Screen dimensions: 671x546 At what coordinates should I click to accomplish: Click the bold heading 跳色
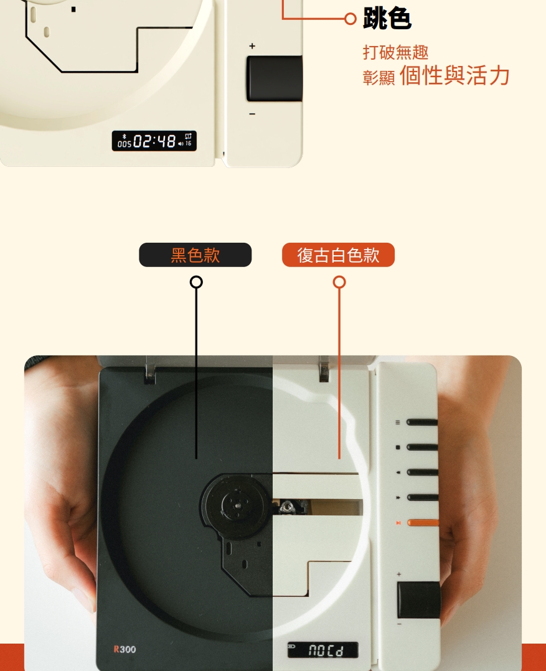pyautogui.click(x=387, y=20)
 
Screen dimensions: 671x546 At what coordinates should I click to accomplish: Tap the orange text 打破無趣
pyautogui.click(x=395, y=52)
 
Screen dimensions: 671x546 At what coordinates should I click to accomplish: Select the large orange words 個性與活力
pyautogui.click(x=454, y=76)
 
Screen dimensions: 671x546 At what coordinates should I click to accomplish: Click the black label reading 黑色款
pyautogui.click(x=195, y=255)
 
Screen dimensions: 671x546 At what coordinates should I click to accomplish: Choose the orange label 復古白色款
pyautogui.click(x=338, y=255)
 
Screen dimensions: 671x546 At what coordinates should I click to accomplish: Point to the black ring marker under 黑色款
pyautogui.click(x=196, y=283)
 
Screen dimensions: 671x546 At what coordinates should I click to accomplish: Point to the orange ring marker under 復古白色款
pyautogui.click(x=339, y=283)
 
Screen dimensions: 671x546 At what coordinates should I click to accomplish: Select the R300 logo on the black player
pyautogui.click(x=125, y=650)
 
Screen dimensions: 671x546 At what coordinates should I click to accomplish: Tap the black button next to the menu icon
pyautogui.click(x=422, y=423)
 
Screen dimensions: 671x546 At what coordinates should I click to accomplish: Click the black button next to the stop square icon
pyautogui.click(x=422, y=447)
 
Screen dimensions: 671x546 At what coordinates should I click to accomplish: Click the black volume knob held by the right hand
pyautogui.click(x=418, y=599)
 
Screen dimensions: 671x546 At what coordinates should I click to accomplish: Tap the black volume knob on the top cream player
pyautogui.click(x=274, y=78)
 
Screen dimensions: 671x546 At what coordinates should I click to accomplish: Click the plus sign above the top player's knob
pyautogui.click(x=252, y=46)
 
